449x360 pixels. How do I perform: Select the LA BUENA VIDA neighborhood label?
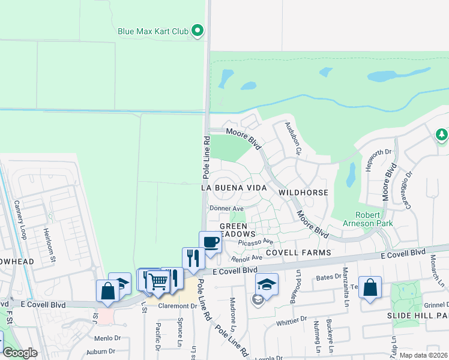(x=234, y=188)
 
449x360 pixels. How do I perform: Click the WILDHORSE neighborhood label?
(x=303, y=193)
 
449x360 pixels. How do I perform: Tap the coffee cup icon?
(x=210, y=242)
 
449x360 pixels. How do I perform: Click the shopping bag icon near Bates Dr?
(x=370, y=287)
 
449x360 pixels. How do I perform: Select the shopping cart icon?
(x=157, y=281)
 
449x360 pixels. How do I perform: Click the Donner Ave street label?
(x=226, y=208)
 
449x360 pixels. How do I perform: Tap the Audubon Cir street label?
(x=292, y=139)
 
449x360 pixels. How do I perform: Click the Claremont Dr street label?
(x=178, y=306)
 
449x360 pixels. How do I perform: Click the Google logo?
(x=20, y=353)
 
